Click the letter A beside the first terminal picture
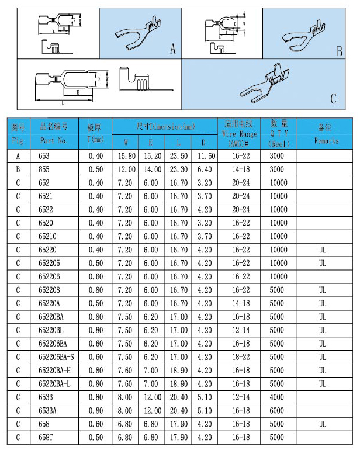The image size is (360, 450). [172, 50]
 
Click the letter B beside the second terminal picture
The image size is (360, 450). [339, 51]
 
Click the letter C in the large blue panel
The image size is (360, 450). [333, 98]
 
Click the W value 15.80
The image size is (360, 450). [126, 156]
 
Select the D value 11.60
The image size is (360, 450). [205, 156]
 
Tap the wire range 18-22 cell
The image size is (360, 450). [240, 356]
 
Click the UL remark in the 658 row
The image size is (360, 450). [322, 424]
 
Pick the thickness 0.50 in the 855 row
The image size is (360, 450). [95, 169]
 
